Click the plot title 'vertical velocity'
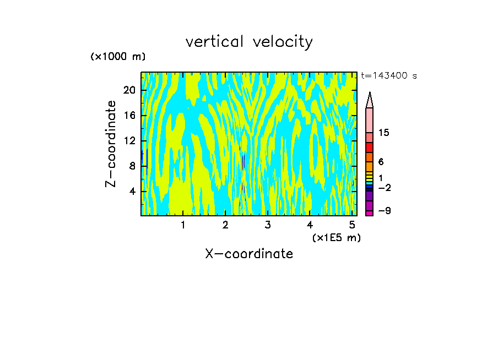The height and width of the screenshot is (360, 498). click(249, 42)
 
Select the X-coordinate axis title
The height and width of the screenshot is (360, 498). click(249, 254)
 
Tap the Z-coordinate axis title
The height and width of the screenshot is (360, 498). click(111, 144)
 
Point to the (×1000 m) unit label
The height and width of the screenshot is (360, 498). click(118, 57)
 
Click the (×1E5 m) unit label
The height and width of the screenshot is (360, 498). click(336, 238)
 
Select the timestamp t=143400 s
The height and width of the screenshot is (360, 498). click(388, 76)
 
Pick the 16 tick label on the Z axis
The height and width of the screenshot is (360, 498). click(129, 116)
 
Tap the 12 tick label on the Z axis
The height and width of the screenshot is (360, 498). click(129, 141)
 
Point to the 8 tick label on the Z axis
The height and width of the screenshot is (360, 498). click(132, 166)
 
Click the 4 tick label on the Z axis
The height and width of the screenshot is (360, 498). click(132, 192)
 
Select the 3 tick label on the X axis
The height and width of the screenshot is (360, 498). click(267, 225)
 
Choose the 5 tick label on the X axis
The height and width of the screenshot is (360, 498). click(352, 225)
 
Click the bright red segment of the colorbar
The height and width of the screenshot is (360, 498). click(369, 148)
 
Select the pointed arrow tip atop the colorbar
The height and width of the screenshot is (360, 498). click(370, 100)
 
